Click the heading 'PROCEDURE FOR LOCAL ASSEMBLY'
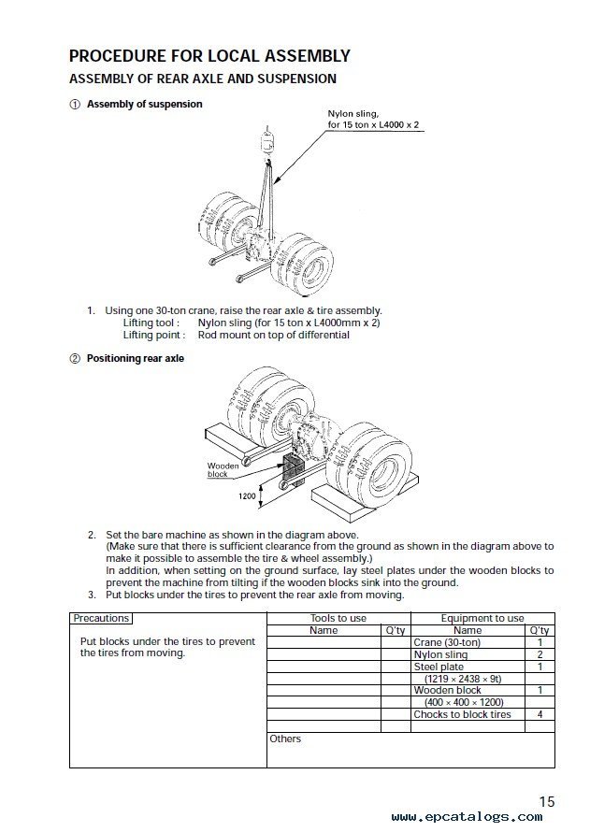[209, 56]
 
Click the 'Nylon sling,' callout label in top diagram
[353, 113]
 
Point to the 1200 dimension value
[247, 496]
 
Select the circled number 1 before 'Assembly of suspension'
[75, 105]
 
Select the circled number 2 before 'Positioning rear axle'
[75, 358]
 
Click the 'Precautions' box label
[101, 618]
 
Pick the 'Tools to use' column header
[338, 618]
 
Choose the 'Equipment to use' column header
[482, 618]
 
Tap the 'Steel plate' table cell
[439, 667]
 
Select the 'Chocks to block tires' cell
[462, 714]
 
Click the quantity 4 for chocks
[540, 714]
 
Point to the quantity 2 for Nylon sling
[540, 654]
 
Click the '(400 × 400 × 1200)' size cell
[463, 702]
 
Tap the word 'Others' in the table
[285, 739]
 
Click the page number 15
[546, 801]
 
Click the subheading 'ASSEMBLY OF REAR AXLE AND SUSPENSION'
[203, 79]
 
